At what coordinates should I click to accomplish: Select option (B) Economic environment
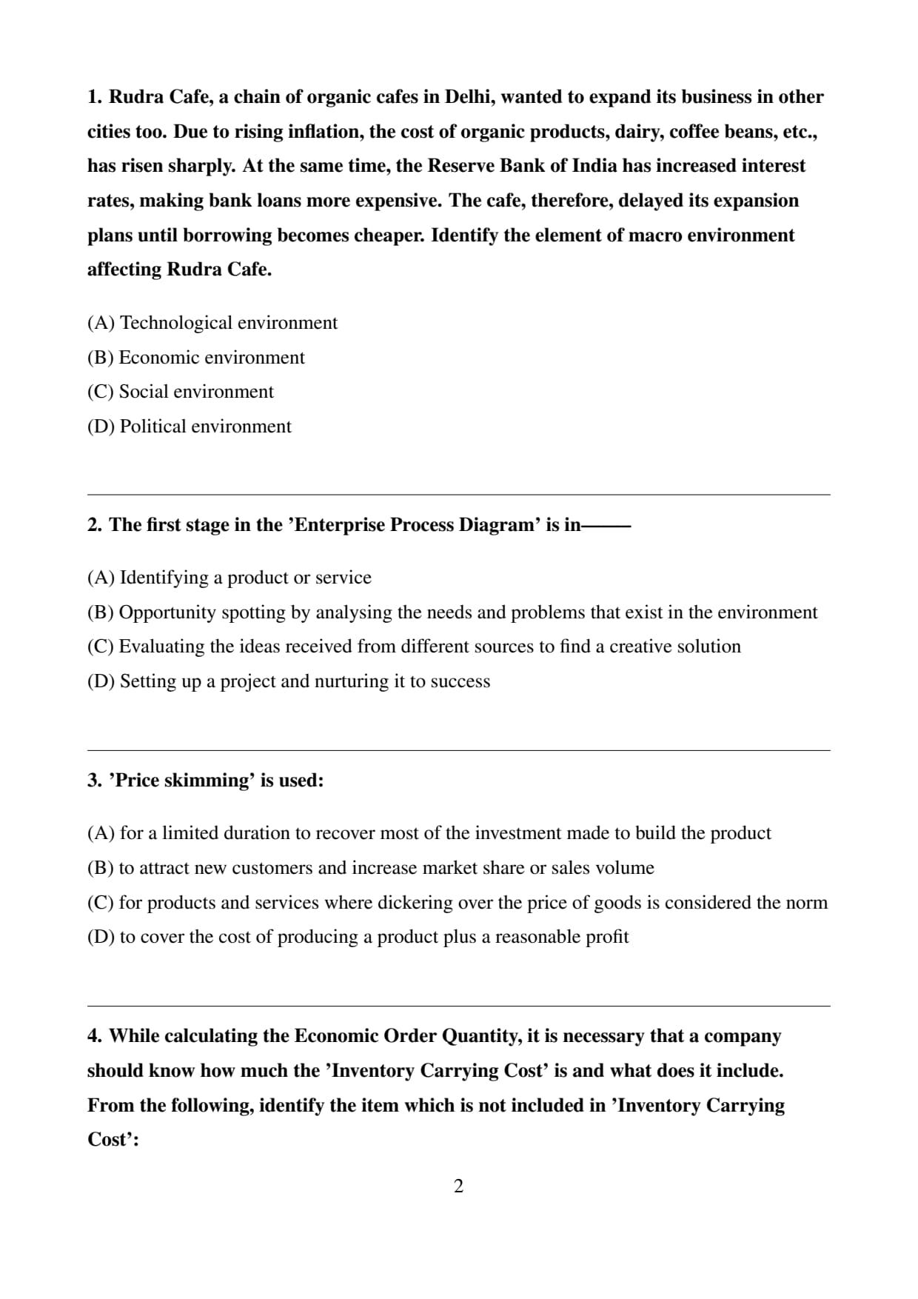pyautogui.click(x=196, y=358)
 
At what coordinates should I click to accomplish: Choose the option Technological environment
pyautogui.click(x=212, y=323)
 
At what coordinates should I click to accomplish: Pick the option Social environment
pyautogui.click(x=181, y=392)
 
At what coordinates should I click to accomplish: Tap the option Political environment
pyautogui.click(x=190, y=427)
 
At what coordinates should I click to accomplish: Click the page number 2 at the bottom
pyautogui.click(x=458, y=1186)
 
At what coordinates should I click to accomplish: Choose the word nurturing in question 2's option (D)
pyautogui.click(x=351, y=681)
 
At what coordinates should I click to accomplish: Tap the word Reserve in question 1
pyautogui.click(x=462, y=166)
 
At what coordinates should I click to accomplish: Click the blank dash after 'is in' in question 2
pyautogui.click(x=606, y=526)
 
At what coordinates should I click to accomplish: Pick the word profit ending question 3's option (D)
pyautogui.click(x=607, y=937)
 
